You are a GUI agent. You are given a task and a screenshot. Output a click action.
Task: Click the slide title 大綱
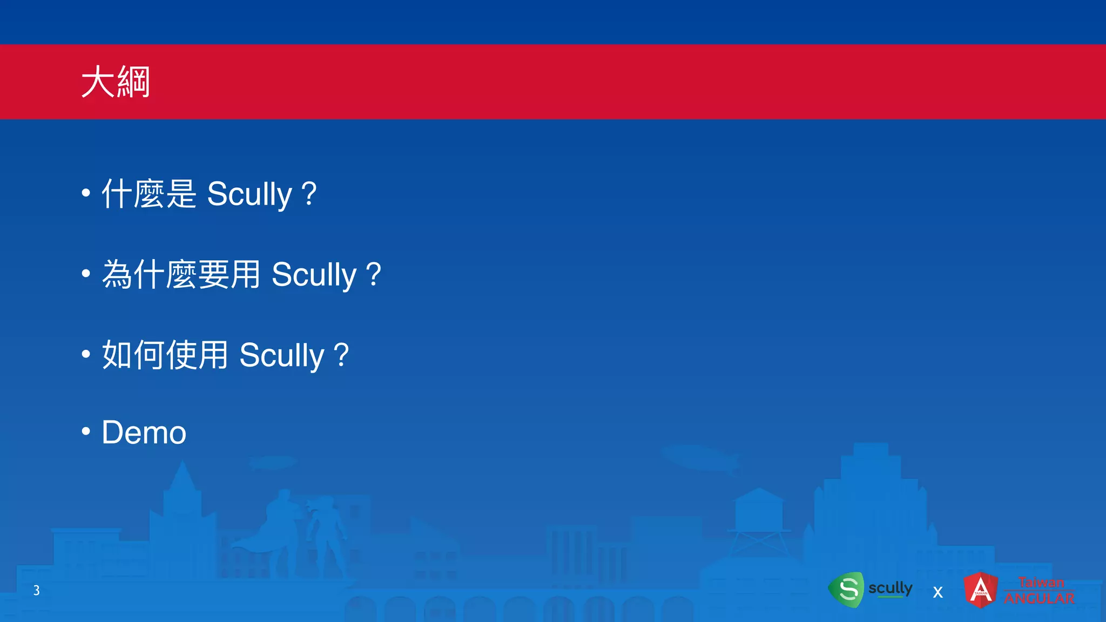pos(116,82)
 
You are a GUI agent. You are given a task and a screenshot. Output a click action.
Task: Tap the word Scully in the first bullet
pos(249,194)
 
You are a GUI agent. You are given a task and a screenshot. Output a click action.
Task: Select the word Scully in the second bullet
pos(314,275)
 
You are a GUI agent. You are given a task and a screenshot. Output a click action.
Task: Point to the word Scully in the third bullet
pos(281,355)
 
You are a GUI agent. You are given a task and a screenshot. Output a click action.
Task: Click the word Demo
pos(144,432)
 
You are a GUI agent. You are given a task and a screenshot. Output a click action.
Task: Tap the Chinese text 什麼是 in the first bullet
pos(149,193)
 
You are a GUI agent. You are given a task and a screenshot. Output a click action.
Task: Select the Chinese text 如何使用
pos(165,355)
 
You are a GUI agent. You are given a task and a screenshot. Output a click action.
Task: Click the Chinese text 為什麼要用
pos(181,274)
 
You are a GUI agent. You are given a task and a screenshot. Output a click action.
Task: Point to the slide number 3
pos(36,590)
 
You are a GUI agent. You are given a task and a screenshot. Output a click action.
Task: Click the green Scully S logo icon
pos(847,590)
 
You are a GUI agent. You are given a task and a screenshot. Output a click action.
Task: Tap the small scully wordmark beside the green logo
pos(890,588)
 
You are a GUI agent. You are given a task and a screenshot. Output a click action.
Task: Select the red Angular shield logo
pos(981,590)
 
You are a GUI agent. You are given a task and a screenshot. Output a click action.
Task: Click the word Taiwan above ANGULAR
pos(1041,583)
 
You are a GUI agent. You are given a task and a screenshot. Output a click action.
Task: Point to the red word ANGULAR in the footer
pos(1039,599)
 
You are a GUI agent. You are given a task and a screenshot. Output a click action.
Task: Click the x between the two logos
pos(938,592)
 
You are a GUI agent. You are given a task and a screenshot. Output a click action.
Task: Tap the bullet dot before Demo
pos(86,431)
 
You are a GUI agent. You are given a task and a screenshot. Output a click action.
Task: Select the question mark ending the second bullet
pos(373,274)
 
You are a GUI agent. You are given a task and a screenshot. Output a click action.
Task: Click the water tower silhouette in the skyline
pos(759,513)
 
